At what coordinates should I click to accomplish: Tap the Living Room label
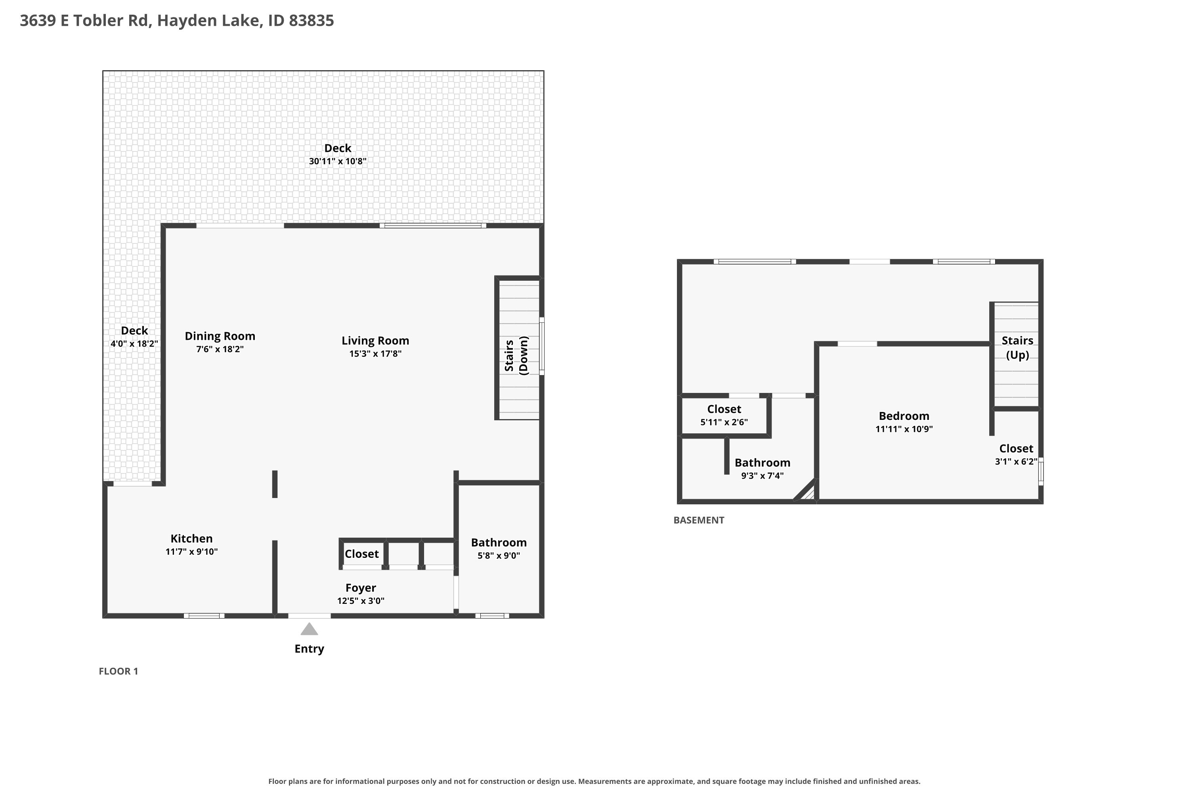click(375, 341)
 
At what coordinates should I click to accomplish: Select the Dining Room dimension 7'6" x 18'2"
click(220, 349)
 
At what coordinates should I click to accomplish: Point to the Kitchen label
click(191, 538)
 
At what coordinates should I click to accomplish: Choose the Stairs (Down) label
click(516, 356)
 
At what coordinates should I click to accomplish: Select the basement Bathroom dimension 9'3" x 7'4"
click(762, 475)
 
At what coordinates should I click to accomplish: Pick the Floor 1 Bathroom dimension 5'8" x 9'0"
click(499, 555)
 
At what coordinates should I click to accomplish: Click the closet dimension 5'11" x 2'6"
click(724, 422)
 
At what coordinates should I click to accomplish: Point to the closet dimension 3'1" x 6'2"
click(1016, 461)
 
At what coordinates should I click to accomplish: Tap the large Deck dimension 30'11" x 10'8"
click(338, 161)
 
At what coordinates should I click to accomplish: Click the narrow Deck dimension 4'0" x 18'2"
click(134, 344)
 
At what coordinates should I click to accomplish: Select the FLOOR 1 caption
click(118, 671)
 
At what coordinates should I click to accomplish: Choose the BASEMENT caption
click(699, 520)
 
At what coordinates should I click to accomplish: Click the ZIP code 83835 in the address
click(312, 21)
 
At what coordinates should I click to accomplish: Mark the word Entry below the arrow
click(310, 649)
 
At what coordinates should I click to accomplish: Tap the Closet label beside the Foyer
click(362, 554)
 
